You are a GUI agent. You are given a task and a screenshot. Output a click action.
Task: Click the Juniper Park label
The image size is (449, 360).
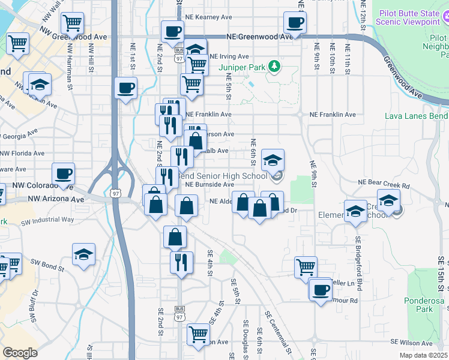[x=243, y=67]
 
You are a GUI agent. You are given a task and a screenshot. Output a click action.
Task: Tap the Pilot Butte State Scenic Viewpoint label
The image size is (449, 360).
[x=412, y=16]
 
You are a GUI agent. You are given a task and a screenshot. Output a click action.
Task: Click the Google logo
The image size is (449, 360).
[x=20, y=352]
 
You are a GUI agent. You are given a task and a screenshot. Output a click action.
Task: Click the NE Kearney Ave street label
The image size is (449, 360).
[x=208, y=17]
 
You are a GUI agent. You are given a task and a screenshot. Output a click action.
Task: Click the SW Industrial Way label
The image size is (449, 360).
[x=47, y=220]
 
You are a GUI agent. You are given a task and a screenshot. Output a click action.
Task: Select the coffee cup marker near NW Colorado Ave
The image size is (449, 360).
[x=64, y=174]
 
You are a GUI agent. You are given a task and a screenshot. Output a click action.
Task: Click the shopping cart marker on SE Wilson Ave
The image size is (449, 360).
[x=197, y=334]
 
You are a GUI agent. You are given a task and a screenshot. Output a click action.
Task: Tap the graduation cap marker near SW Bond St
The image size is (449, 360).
[x=83, y=254]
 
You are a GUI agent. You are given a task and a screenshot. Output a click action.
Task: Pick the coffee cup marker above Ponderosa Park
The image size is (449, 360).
[x=320, y=289]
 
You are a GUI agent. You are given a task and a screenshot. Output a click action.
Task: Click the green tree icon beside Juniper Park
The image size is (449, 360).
[x=274, y=65]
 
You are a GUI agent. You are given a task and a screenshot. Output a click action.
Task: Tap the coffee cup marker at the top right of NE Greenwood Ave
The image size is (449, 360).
[x=294, y=23]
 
